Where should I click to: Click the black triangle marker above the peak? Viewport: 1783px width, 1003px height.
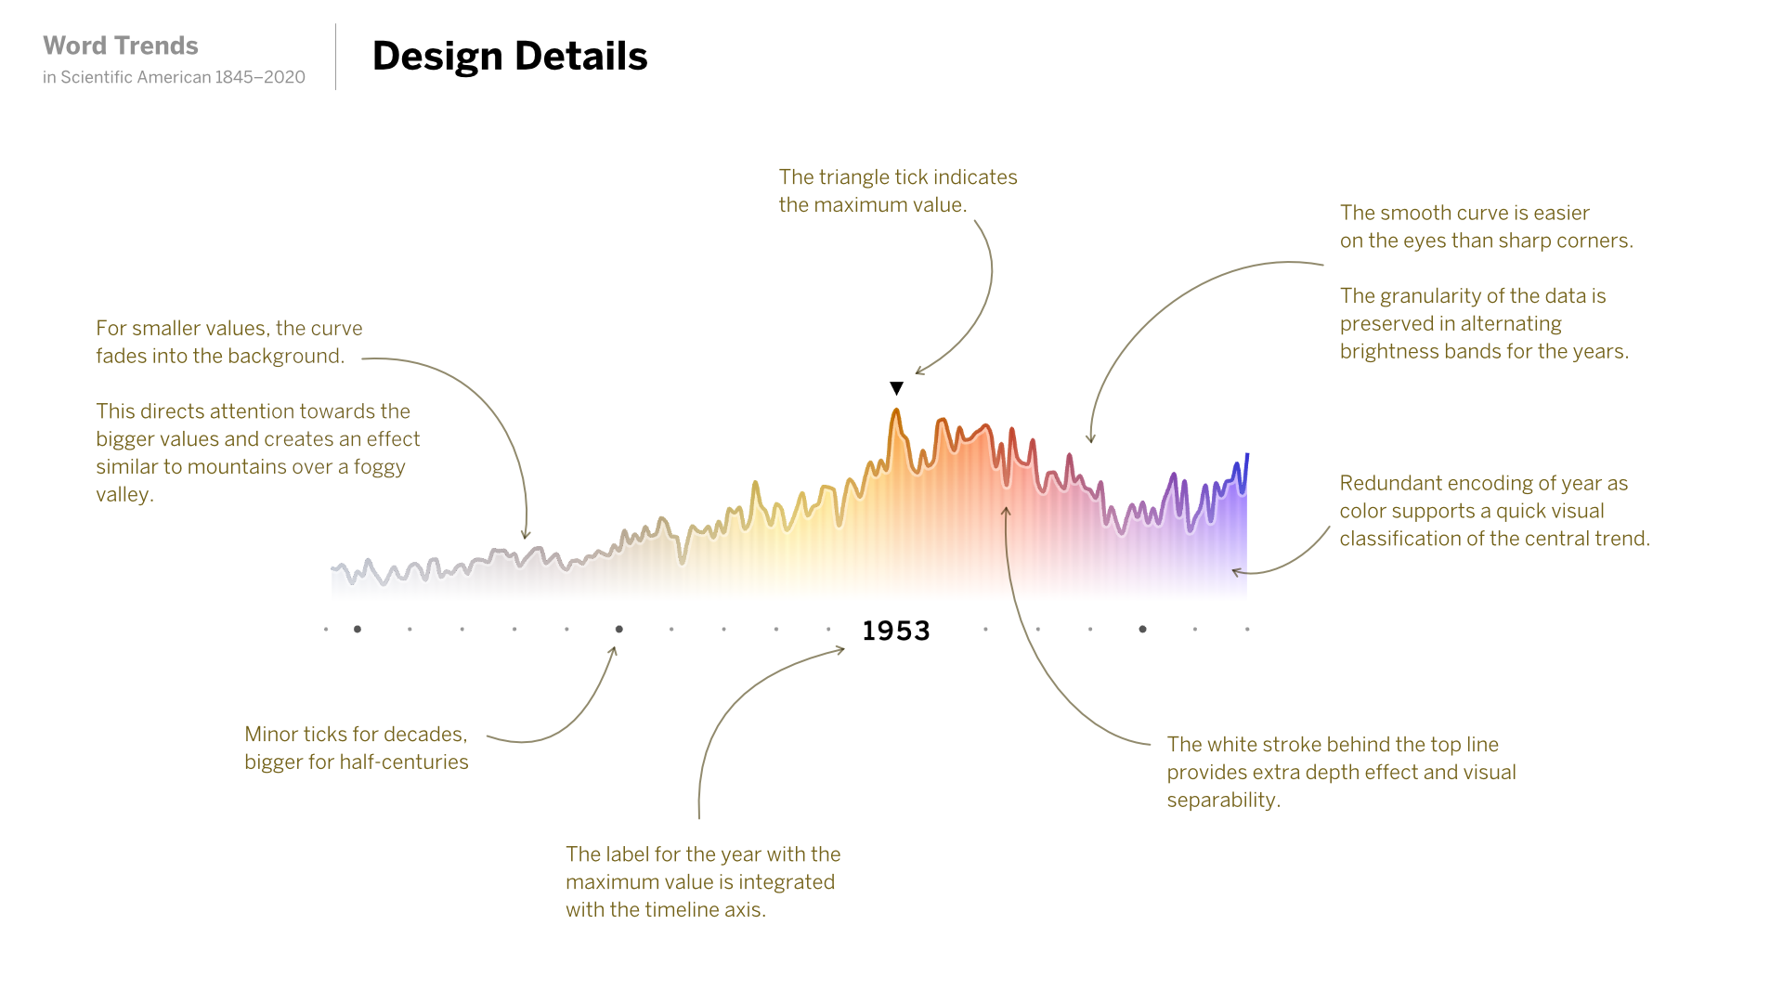tap(896, 388)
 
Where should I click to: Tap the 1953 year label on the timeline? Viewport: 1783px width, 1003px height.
tap(896, 632)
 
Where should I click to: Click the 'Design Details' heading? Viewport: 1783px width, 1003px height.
tap(510, 57)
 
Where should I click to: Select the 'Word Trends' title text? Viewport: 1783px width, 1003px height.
tap(121, 46)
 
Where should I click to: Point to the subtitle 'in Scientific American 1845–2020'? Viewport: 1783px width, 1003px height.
tap(174, 77)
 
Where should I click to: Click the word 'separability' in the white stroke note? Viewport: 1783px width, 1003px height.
tap(1221, 801)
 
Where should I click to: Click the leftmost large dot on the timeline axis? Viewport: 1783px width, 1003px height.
tap(358, 630)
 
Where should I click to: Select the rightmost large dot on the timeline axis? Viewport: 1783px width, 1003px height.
tap(1142, 630)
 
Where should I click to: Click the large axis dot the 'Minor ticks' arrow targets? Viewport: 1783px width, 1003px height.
tap(619, 630)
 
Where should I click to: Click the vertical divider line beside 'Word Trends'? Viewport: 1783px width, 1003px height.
tap(336, 58)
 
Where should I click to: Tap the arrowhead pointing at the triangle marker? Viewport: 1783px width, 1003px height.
tap(918, 372)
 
